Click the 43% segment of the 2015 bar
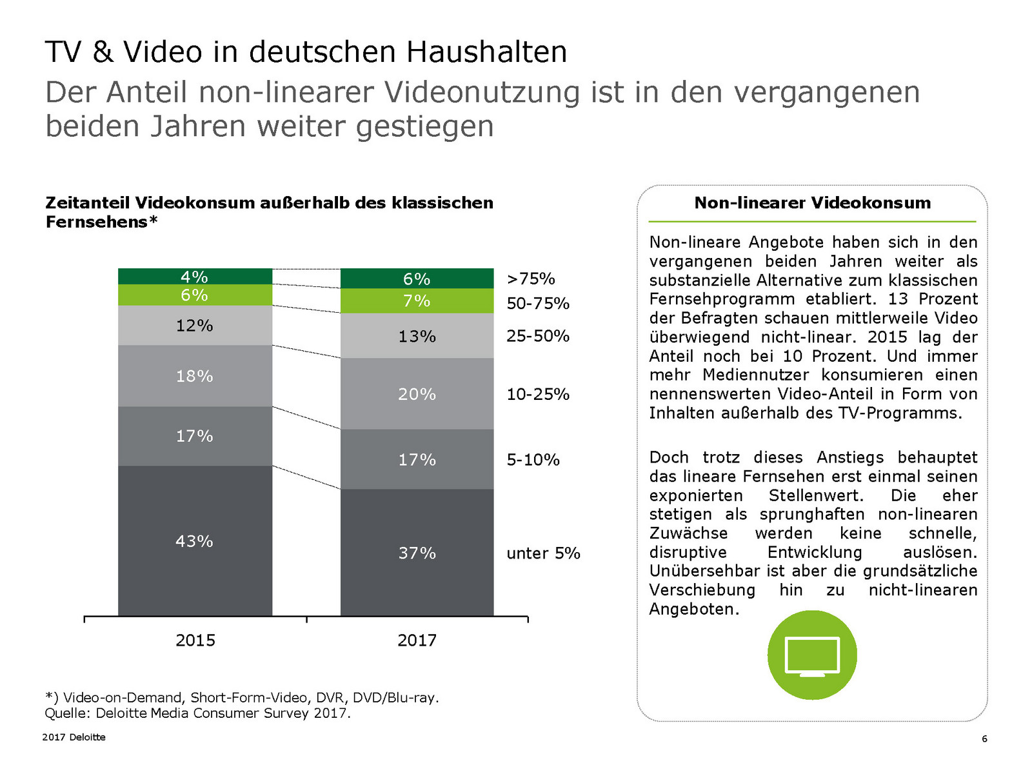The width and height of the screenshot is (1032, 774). [x=195, y=541]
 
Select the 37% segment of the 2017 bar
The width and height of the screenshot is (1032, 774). [x=417, y=553]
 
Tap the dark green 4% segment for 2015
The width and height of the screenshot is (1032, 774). [x=195, y=277]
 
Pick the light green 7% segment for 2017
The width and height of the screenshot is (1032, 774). [x=417, y=301]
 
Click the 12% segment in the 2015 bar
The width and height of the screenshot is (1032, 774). [x=195, y=325]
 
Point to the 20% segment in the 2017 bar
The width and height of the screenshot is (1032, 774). [x=417, y=393]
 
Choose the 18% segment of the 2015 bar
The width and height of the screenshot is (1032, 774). [x=195, y=375]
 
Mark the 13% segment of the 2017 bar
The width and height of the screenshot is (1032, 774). [x=417, y=336]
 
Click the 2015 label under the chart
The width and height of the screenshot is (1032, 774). [x=195, y=640]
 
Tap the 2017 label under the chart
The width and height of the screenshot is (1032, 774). [x=417, y=640]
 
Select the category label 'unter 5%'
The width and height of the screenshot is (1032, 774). [x=543, y=553]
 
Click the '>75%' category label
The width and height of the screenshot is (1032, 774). [x=531, y=279]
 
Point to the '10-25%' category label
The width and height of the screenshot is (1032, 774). [x=538, y=394]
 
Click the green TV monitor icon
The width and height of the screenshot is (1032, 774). [x=812, y=655]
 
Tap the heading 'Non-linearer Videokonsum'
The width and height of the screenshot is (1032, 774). [x=812, y=203]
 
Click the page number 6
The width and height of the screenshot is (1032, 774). [x=984, y=739]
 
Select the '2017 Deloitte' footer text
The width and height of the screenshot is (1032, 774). [x=74, y=737]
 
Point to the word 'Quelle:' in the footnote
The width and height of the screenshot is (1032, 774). [x=68, y=713]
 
